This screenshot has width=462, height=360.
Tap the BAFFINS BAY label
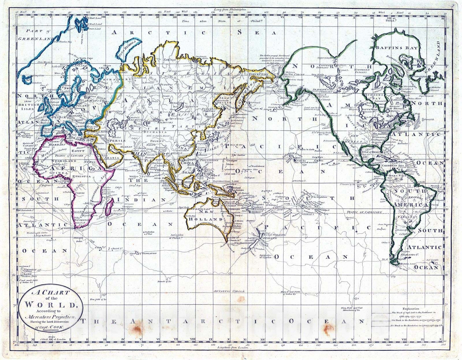(x=396, y=48)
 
